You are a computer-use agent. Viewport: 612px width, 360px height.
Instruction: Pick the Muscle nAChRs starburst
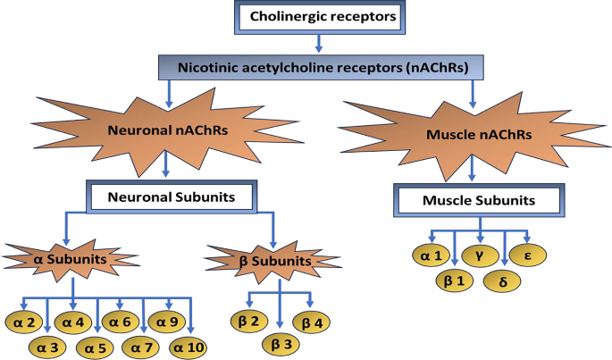pos(472,137)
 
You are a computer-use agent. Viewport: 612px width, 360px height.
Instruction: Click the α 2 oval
pos(27,320)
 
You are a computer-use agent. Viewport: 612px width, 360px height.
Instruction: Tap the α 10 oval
pos(189,346)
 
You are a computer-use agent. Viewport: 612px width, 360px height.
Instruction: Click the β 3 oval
pos(281,342)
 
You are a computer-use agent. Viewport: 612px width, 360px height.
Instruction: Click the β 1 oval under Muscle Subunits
pos(457,281)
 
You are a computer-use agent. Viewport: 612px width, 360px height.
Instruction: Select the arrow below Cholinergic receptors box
pos(319,43)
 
